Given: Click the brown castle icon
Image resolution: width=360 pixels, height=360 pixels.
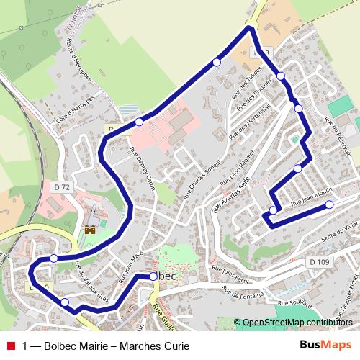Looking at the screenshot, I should click(91, 230).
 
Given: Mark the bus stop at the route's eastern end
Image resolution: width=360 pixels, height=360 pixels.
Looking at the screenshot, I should click(330, 204).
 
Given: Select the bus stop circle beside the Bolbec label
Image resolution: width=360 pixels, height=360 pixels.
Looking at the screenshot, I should click(153, 276).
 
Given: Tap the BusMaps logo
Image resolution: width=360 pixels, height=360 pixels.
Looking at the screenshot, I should click(325, 346).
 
